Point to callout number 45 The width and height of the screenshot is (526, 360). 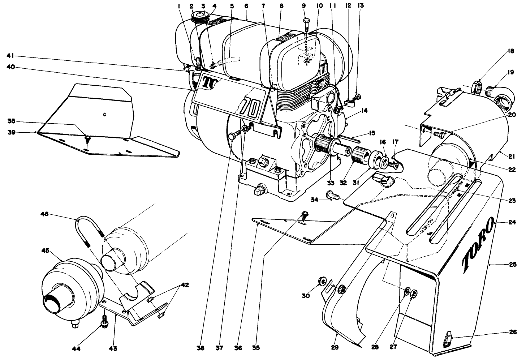(45, 250)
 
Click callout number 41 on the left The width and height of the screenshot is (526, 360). (10, 56)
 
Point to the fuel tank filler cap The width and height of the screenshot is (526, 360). (199, 16)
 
